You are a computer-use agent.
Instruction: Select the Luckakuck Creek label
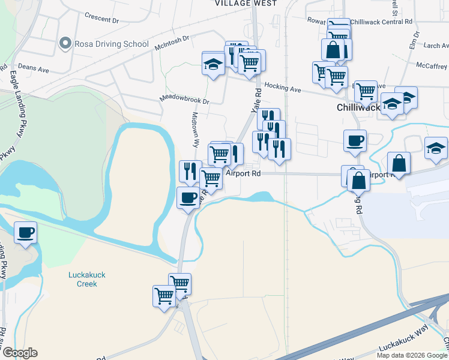pos(87,279)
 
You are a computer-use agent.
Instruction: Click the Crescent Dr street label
pos(101,17)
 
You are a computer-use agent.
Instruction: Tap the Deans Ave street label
pos(33,68)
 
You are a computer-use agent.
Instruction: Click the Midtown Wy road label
pos(195,128)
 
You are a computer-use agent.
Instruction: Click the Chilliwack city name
pos(357,107)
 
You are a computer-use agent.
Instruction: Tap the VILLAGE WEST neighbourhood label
pos(246,4)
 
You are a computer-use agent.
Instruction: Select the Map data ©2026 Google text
pos(412,355)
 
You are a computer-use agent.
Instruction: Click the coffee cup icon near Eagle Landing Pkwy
pos(25,232)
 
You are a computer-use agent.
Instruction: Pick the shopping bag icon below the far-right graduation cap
pos(399,163)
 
